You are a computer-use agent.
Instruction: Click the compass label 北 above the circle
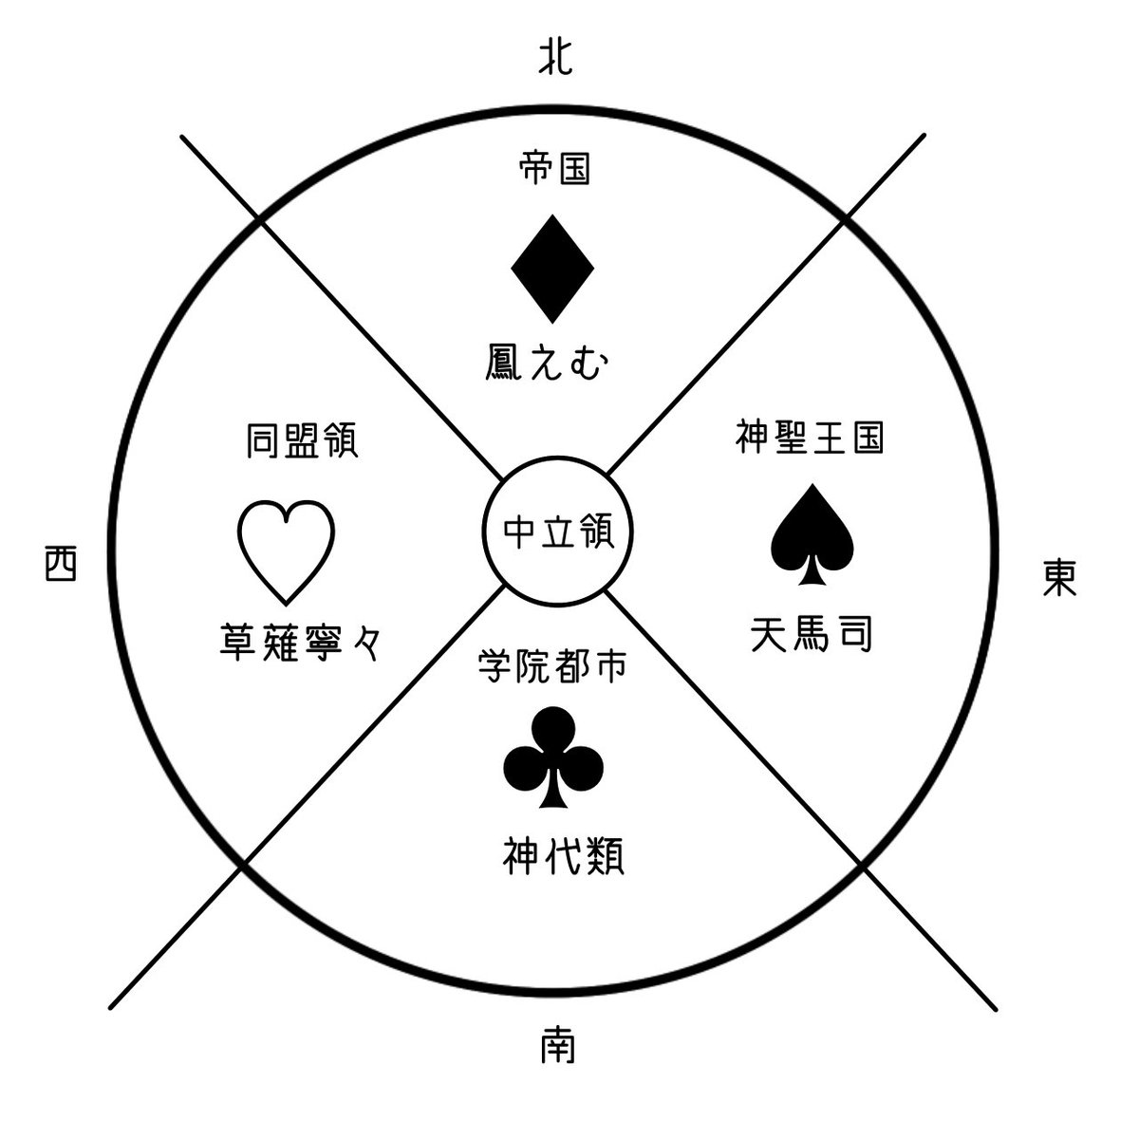pyautogui.click(x=555, y=60)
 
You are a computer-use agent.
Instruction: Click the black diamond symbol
pyautogui.click(x=552, y=269)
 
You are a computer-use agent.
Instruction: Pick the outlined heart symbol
pyautogui.click(x=285, y=551)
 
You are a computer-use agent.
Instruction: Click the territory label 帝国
pyautogui.click(x=555, y=170)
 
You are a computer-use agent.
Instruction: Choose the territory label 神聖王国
pyautogui.click(x=810, y=438)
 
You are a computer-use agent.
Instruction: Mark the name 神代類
pyautogui.click(x=562, y=859)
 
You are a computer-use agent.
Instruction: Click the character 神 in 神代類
pyautogui.click(x=521, y=859)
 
